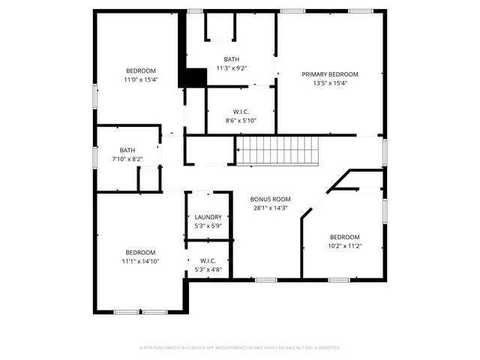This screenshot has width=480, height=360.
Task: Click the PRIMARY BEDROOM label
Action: (x=330, y=74)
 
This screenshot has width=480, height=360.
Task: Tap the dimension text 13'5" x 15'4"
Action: (x=330, y=83)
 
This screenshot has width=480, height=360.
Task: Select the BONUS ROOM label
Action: (x=271, y=199)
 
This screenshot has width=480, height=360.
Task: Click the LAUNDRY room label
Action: (x=208, y=217)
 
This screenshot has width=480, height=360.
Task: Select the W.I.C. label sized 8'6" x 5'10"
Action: (x=241, y=112)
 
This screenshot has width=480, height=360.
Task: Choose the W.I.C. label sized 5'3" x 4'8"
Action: (x=208, y=261)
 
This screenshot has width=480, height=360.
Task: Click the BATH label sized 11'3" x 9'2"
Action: (x=231, y=59)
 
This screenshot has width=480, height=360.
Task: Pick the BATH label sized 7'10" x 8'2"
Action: (x=127, y=150)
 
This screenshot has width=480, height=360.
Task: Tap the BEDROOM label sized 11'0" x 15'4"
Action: (x=141, y=70)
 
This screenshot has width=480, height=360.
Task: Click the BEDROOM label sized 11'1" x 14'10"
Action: (x=141, y=252)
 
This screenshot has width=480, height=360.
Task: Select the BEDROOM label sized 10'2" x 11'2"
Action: (x=345, y=236)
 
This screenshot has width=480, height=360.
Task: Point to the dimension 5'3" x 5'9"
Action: (x=208, y=226)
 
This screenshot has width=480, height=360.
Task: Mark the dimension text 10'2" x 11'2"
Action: (x=345, y=245)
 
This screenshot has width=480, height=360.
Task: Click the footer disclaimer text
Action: (x=240, y=348)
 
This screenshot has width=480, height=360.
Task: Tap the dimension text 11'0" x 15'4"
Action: (x=141, y=79)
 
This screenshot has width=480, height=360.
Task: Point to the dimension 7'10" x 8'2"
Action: (x=127, y=159)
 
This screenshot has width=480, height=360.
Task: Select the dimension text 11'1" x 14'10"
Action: (x=141, y=261)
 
